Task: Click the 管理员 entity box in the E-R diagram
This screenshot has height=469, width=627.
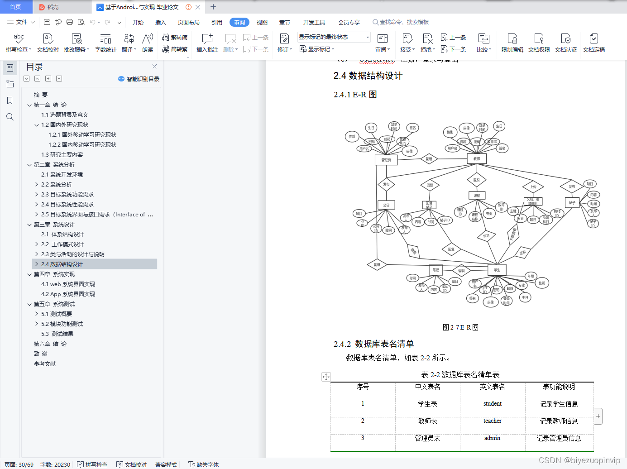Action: coord(386,160)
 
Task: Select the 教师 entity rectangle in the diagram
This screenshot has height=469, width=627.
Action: coord(476,159)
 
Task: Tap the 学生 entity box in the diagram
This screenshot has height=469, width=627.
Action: coord(497,270)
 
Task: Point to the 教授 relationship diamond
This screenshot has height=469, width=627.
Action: coord(476,180)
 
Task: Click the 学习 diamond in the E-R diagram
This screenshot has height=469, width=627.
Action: coord(486,236)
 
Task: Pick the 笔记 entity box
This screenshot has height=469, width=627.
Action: coord(436,270)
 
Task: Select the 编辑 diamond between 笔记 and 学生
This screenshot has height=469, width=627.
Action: coord(461,271)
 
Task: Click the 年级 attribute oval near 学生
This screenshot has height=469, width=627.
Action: coord(531,276)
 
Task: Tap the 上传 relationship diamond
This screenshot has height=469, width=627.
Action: coord(533,187)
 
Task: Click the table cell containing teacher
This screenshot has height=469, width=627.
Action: coord(492,421)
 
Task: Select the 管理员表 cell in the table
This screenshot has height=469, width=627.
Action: coord(427,438)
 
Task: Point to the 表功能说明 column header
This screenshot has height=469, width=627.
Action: coord(559,387)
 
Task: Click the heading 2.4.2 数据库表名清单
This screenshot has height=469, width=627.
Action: coord(373,344)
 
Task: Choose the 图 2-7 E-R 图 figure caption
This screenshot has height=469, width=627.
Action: coord(460,327)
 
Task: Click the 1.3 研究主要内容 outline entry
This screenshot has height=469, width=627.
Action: coord(62,155)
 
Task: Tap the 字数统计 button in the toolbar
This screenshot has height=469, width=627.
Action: coord(105,43)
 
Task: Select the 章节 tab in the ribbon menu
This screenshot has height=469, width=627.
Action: coord(284,22)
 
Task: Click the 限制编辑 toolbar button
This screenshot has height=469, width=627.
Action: coord(512,43)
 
